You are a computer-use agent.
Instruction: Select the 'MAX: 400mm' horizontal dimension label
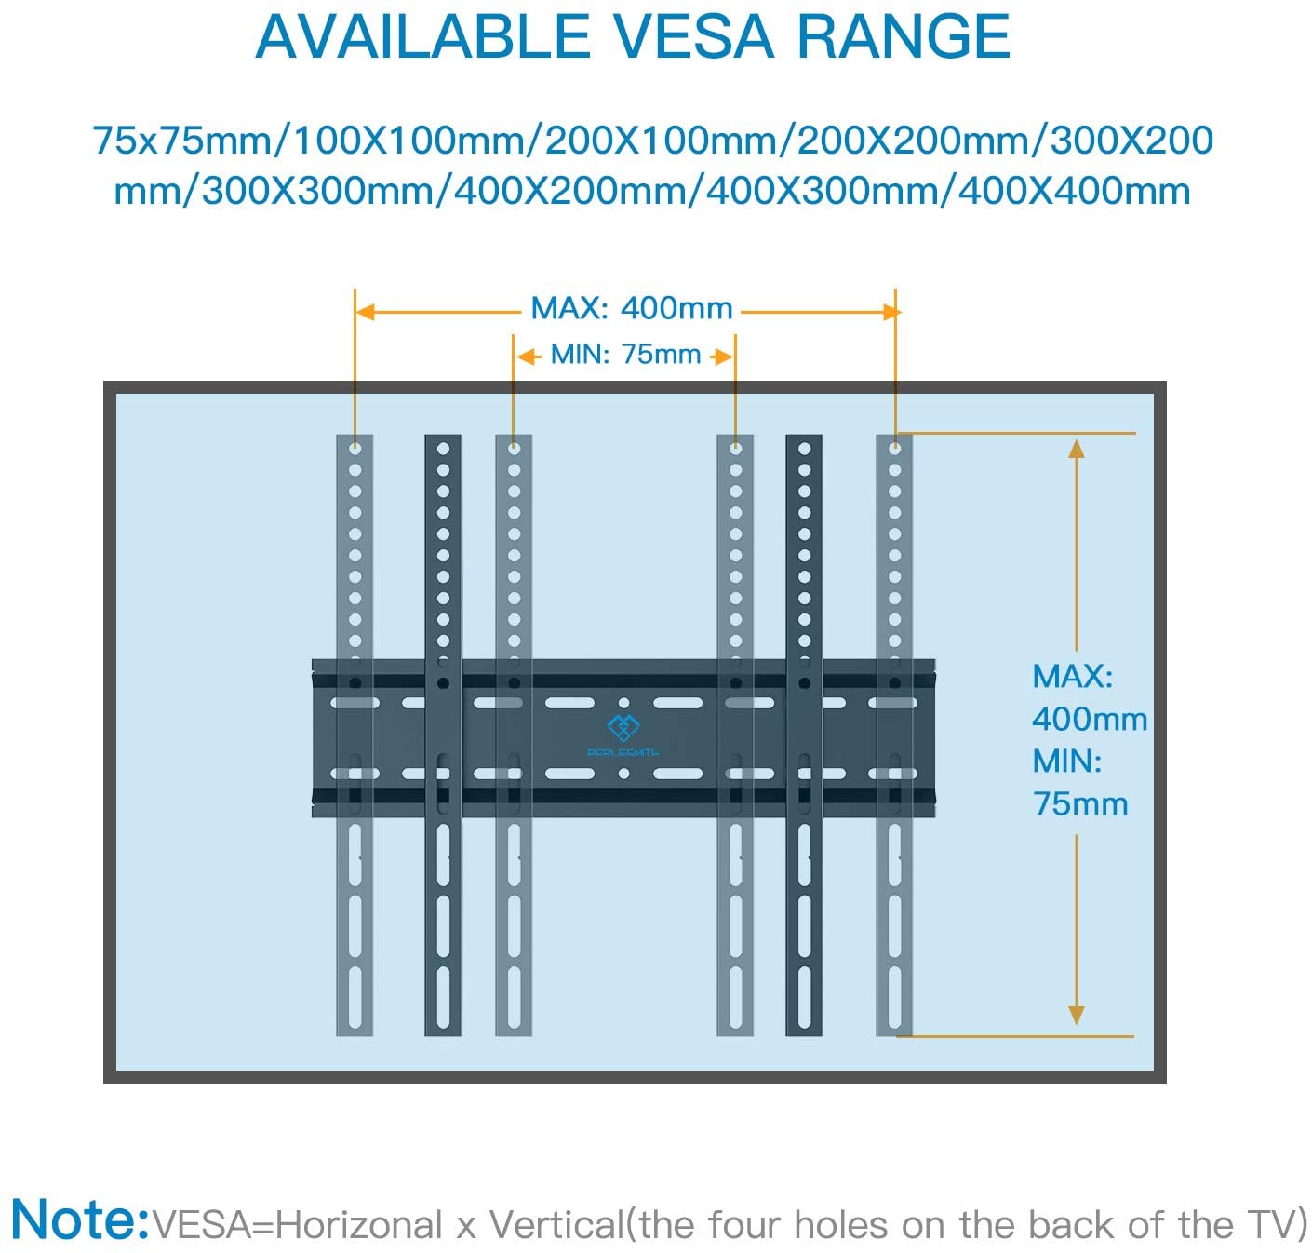click(631, 308)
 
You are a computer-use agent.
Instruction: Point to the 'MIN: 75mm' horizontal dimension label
click(625, 354)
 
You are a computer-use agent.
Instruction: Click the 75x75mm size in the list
click(182, 141)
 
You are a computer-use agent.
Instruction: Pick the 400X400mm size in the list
click(1074, 191)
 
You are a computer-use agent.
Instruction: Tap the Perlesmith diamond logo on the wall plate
click(623, 727)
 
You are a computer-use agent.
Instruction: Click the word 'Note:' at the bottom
click(80, 1219)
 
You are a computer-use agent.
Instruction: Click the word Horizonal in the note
click(359, 1224)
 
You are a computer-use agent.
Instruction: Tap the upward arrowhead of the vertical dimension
click(1076, 449)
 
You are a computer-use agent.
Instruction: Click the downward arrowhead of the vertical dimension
click(1076, 1015)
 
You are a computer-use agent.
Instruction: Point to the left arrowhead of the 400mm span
click(365, 312)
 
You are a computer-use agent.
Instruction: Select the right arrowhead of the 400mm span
click(890, 312)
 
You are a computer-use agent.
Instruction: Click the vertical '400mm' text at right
click(1089, 719)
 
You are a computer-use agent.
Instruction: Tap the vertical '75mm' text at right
click(1079, 803)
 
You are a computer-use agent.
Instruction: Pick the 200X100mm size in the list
click(662, 141)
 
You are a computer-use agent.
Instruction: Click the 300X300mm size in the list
click(317, 191)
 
